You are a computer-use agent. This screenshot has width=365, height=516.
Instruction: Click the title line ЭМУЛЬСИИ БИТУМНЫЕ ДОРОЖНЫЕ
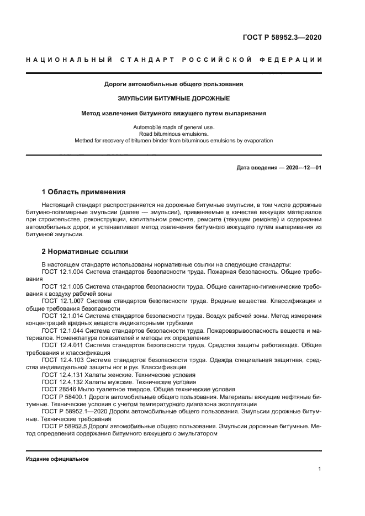click(x=174, y=99)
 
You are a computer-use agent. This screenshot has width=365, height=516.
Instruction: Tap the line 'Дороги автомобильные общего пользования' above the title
click(x=174, y=84)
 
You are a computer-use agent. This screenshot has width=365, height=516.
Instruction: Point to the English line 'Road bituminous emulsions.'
click(x=174, y=134)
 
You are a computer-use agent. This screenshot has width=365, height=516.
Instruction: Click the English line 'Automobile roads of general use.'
click(x=174, y=127)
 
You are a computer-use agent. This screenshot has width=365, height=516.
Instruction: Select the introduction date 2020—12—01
click(x=303, y=167)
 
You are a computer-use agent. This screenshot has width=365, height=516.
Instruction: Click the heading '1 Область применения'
click(x=83, y=192)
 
